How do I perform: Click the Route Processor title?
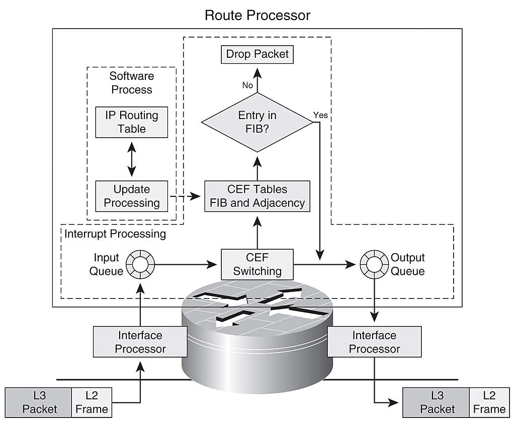pyautogui.click(x=257, y=15)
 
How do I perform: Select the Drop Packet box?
pyautogui.click(x=257, y=54)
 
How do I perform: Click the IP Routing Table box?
pyautogui.click(x=131, y=122)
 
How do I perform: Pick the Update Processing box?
pyautogui.click(x=131, y=196)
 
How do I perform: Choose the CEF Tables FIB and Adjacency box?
pyautogui.click(x=257, y=196)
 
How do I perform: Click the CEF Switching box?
pyautogui.click(x=257, y=264)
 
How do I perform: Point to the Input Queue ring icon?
pyautogui.click(x=139, y=263)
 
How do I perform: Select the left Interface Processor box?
pyautogui.click(x=140, y=342)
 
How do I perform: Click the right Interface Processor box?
pyautogui.click(x=374, y=342)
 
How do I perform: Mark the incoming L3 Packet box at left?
pyautogui.click(x=39, y=402)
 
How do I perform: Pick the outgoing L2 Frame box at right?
pyautogui.click(x=489, y=402)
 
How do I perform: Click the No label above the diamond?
pyautogui.click(x=247, y=85)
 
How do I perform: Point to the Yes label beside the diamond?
pyautogui.click(x=320, y=115)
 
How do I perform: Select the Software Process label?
pyautogui.click(x=131, y=83)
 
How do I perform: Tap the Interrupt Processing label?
pyautogui.click(x=115, y=234)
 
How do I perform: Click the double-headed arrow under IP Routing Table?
pyautogui.click(x=132, y=159)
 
